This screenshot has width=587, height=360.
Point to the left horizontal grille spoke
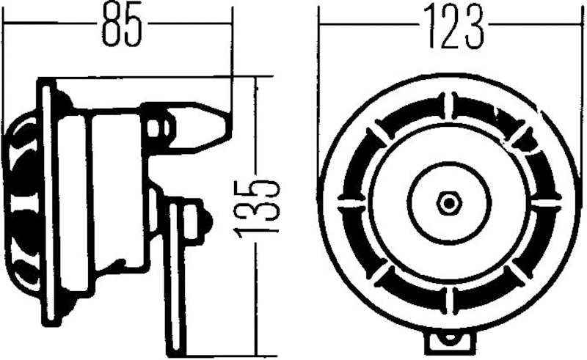click(x=350, y=199)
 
